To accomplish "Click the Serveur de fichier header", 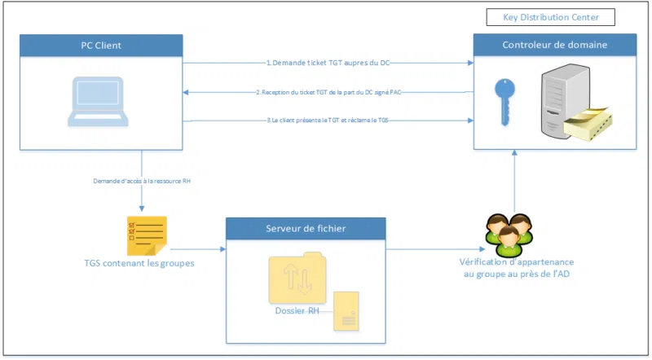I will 306,229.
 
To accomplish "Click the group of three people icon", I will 504,230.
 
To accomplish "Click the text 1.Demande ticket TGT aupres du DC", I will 330,63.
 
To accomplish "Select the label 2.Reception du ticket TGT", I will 329,92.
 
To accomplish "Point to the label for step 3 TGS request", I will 330,121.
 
